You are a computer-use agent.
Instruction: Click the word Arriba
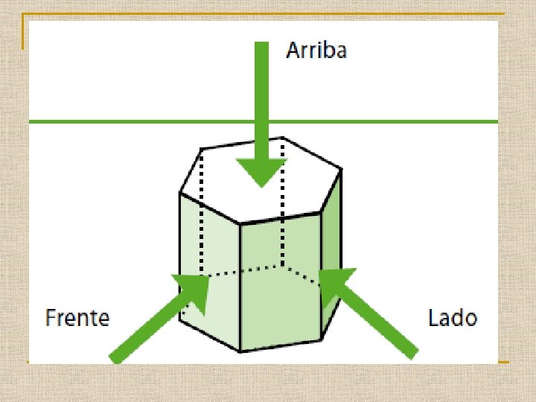pyautogui.click(x=316, y=51)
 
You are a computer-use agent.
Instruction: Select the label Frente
pyautogui.click(x=77, y=319)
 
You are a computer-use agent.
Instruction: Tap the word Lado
pyautogui.click(x=453, y=319)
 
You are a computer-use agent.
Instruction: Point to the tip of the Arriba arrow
pyautogui.click(x=261, y=185)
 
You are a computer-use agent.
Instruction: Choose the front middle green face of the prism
pyautogui.click(x=281, y=283)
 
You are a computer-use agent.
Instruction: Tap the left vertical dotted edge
pyautogui.click(x=202, y=216)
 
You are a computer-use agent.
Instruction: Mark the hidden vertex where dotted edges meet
pyautogui.click(x=283, y=264)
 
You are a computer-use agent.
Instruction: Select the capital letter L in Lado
pyautogui.click(x=433, y=319)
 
